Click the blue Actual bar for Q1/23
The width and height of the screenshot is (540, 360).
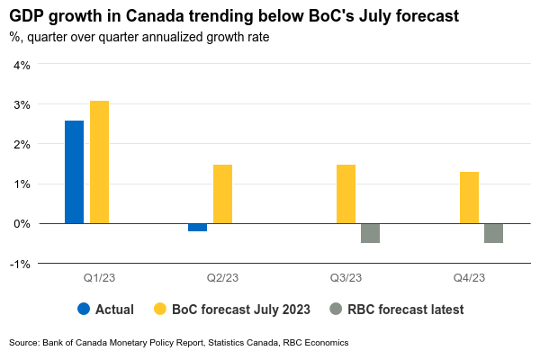74,172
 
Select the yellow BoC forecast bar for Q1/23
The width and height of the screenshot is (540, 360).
99,162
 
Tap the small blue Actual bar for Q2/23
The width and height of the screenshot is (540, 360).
197,227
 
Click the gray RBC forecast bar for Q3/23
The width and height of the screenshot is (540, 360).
370,233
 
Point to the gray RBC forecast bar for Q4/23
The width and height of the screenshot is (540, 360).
493,233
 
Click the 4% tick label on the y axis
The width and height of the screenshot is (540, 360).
22,65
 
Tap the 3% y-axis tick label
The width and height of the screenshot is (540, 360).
22,104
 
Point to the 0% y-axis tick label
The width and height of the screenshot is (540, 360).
22,223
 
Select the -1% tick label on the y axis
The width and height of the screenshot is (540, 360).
20,263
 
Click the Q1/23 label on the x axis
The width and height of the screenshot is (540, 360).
86,278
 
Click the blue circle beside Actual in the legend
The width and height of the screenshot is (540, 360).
84,309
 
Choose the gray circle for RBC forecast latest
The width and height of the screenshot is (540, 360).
337,309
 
